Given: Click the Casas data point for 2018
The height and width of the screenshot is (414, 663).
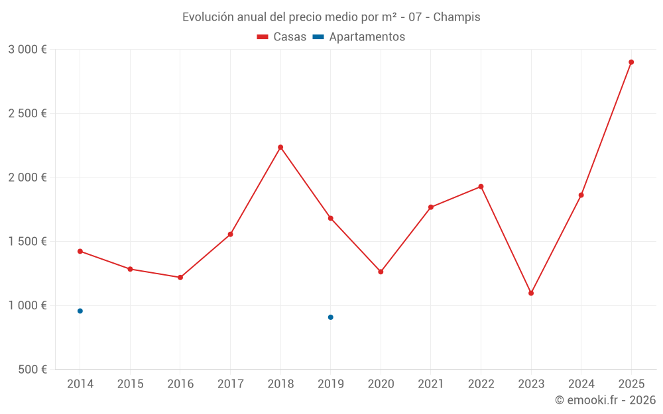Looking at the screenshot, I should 280,147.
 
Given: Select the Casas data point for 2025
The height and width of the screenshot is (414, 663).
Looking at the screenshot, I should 631,62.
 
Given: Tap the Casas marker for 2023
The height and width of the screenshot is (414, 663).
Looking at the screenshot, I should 531,293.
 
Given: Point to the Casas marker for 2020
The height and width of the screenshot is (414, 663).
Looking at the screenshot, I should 381,272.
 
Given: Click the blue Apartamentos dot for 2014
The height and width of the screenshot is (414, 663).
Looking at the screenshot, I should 80,311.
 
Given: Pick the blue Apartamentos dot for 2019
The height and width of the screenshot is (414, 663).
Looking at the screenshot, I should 330,317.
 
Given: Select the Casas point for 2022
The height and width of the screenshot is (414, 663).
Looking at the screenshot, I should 481,187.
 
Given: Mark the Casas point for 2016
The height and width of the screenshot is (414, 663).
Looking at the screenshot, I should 180,277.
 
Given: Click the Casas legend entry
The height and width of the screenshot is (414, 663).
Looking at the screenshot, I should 282,37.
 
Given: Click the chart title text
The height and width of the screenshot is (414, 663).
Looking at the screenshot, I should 331,17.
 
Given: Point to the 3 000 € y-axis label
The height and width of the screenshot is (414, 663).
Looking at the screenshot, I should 27,50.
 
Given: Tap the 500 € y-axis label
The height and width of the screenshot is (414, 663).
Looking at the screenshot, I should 32,370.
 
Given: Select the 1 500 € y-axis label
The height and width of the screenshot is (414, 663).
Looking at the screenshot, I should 27,242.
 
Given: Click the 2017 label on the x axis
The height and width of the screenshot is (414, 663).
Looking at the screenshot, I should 230,384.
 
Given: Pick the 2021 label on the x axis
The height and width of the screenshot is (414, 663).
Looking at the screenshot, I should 431,384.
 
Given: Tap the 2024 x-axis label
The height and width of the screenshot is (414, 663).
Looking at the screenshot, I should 581,384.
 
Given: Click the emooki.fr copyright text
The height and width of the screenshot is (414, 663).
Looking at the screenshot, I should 605,400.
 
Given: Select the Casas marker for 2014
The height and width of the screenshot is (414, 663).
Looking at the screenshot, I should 80,251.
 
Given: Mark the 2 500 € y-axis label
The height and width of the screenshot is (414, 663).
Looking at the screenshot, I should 27,114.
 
